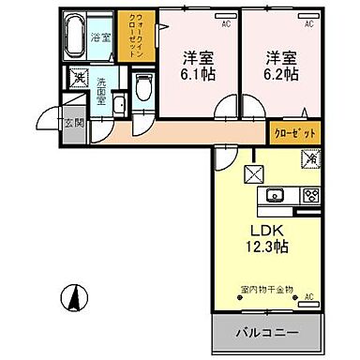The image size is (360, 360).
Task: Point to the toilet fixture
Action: click(142, 89)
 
